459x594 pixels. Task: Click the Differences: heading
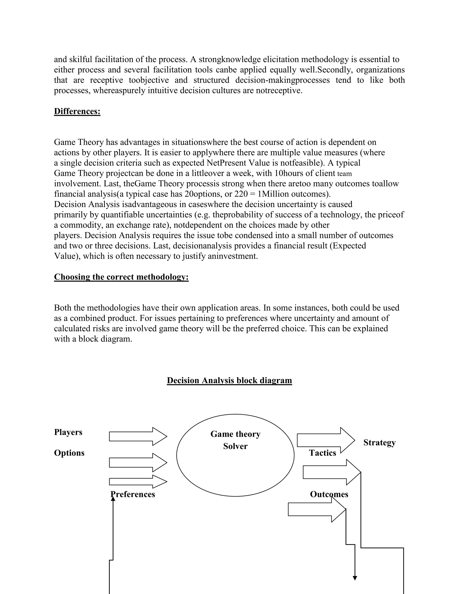click(77, 111)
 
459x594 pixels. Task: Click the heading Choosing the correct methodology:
click(121, 277)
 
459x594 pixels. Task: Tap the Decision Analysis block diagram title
click(229, 380)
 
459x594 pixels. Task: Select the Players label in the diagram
click(68, 432)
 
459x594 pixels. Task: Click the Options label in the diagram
click(69, 453)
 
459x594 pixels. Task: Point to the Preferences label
click(133, 494)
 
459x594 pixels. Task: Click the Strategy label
click(379, 442)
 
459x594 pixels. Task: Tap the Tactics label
click(323, 453)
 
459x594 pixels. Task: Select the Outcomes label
click(329, 494)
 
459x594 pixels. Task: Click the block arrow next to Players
click(138, 436)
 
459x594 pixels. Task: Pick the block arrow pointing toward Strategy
click(325, 440)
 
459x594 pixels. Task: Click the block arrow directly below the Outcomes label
click(316, 509)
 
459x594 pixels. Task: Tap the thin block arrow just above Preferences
click(138, 482)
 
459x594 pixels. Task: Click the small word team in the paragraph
click(344, 174)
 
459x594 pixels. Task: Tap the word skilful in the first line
click(81, 59)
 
